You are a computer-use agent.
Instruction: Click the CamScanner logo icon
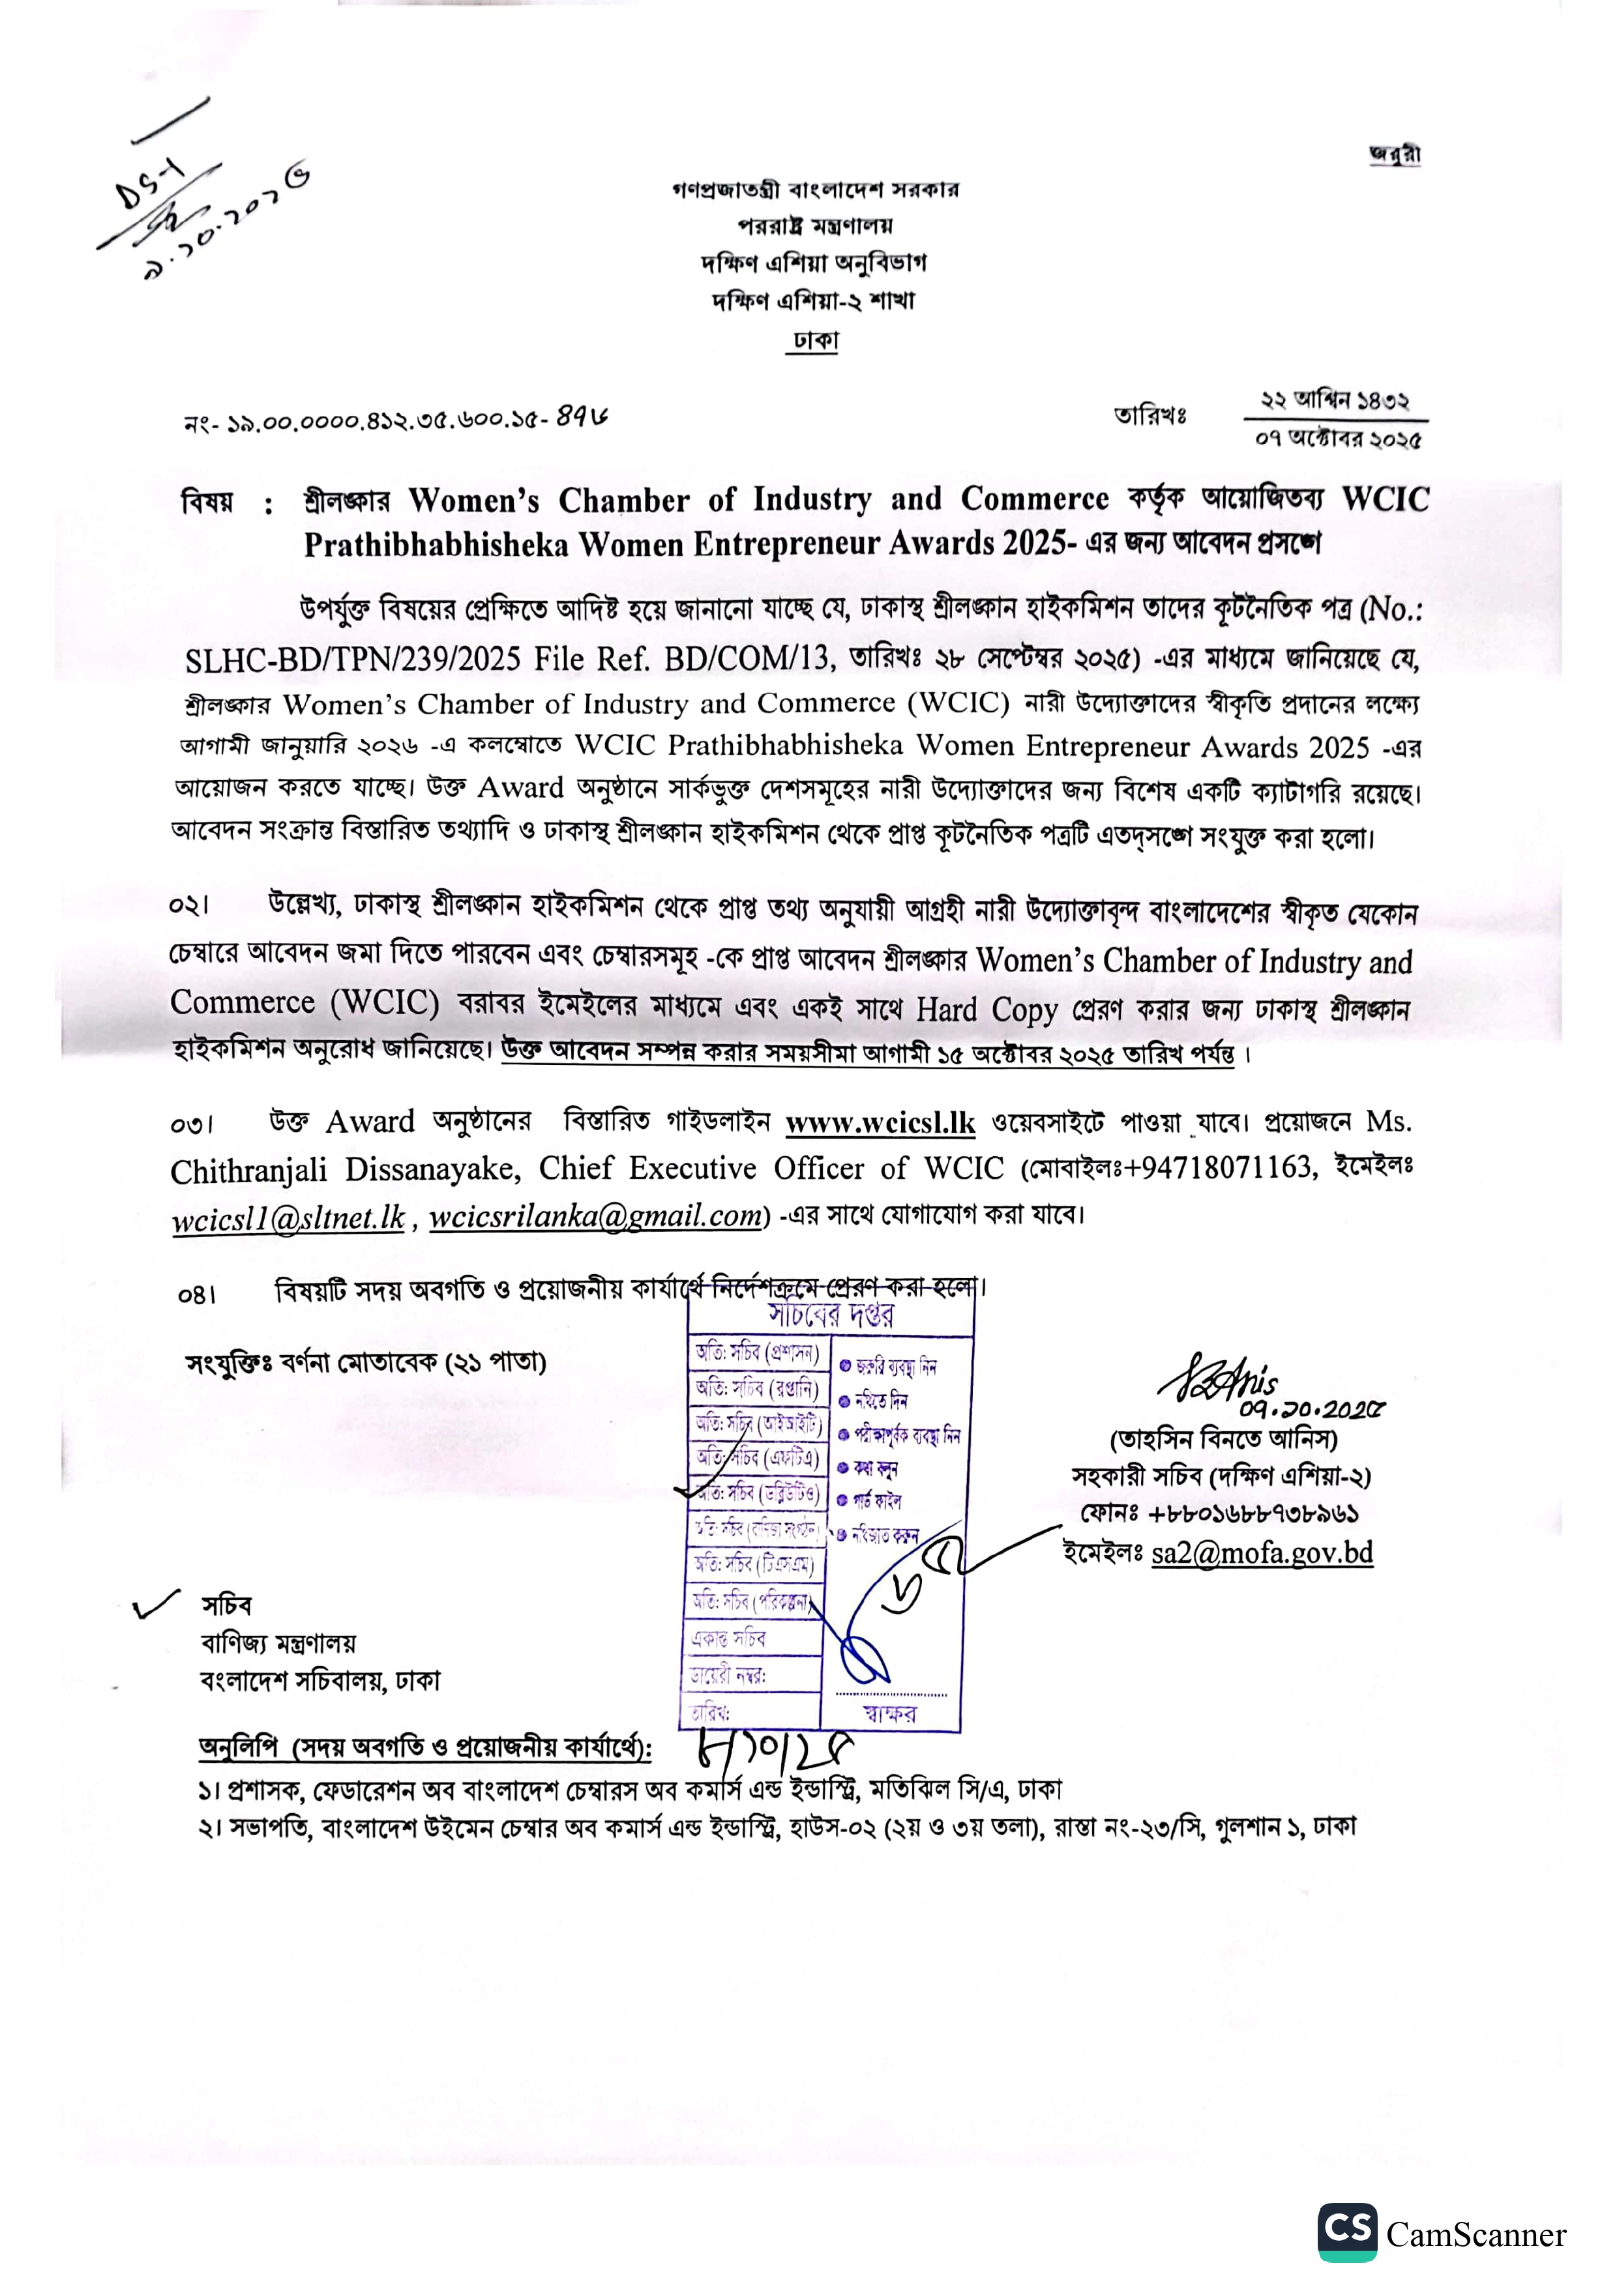pyautogui.click(x=1347, y=2232)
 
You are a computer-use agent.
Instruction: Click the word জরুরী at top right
pyautogui.click(x=1394, y=154)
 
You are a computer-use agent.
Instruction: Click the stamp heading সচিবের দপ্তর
pyautogui.click(x=830, y=1316)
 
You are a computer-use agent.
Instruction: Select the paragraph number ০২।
pyautogui.click(x=188, y=905)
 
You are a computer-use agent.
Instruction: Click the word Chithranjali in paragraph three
pyautogui.click(x=248, y=1171)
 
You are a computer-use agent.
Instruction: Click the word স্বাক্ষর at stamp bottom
pyautogui.click(x=890, y=1713)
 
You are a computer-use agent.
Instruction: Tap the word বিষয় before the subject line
pyautogui.click(x=207, y=502)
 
